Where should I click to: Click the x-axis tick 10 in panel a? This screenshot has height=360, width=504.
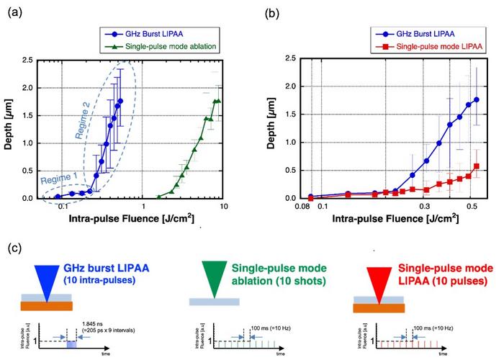pyautogui.click(x=224, y=206)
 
